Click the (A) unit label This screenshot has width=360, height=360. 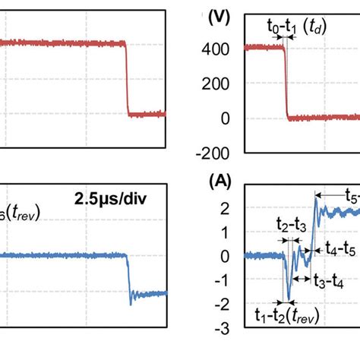coord(221,182)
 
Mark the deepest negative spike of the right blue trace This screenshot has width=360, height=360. coord(289,298)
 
